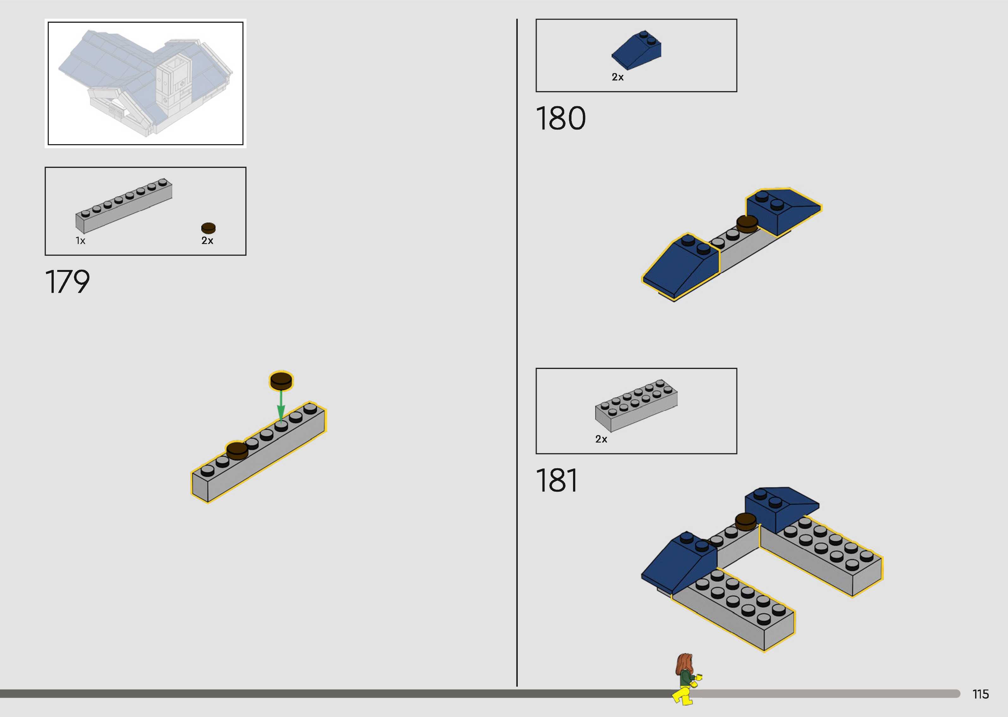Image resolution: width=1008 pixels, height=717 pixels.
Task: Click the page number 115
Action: tap(980, 694)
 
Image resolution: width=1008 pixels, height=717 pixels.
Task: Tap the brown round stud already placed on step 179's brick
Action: tap(237, 450)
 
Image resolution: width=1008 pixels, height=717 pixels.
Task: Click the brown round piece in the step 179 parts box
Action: tap(208, 228)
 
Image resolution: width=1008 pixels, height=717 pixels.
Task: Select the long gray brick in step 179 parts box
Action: tap(124, 206)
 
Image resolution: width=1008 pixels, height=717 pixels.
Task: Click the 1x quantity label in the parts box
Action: tap(80, 241)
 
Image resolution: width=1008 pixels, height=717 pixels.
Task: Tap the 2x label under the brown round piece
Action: tap(207, 241)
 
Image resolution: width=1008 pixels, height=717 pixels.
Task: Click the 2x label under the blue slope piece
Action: tap(617, 77)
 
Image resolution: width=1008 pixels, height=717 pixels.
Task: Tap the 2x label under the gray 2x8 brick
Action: tap(601, 439)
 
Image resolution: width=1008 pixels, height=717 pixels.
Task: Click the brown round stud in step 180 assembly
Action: tap(747, 224)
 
